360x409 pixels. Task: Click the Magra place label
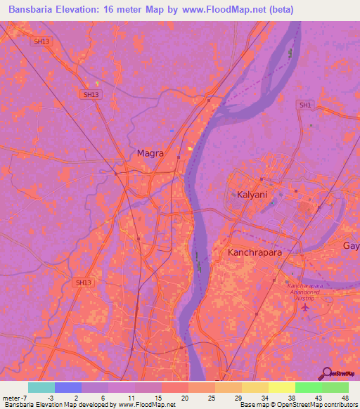[x=150, y=152]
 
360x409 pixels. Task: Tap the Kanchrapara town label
[x=256, y=251]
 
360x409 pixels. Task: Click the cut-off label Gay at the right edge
[x=351, y=245]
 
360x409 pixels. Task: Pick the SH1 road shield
[x=304, y=105]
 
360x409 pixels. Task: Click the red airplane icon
[x=304, y=307]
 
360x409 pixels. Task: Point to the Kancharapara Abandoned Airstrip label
[x=307, y=291]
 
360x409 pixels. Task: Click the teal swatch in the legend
[x=41, y=387]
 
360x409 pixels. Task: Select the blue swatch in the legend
[x=68, y=387]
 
